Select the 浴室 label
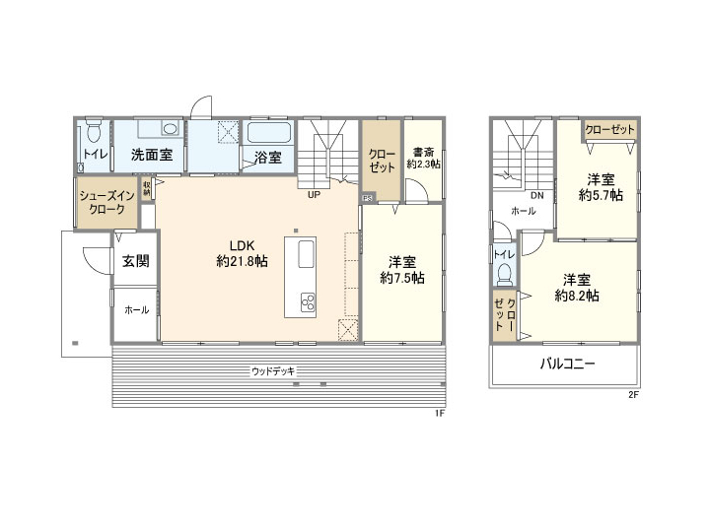(267, 157)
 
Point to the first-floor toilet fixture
(94, 131)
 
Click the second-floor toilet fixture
(506, 271)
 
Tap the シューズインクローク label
(106, 203)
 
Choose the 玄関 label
(136, 261)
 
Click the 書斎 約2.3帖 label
(424, 158)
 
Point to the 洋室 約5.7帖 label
(601, 187)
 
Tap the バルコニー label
(567, 364)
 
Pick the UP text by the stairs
(314, 195)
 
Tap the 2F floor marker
(634, 395)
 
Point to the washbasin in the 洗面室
(169, 128)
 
